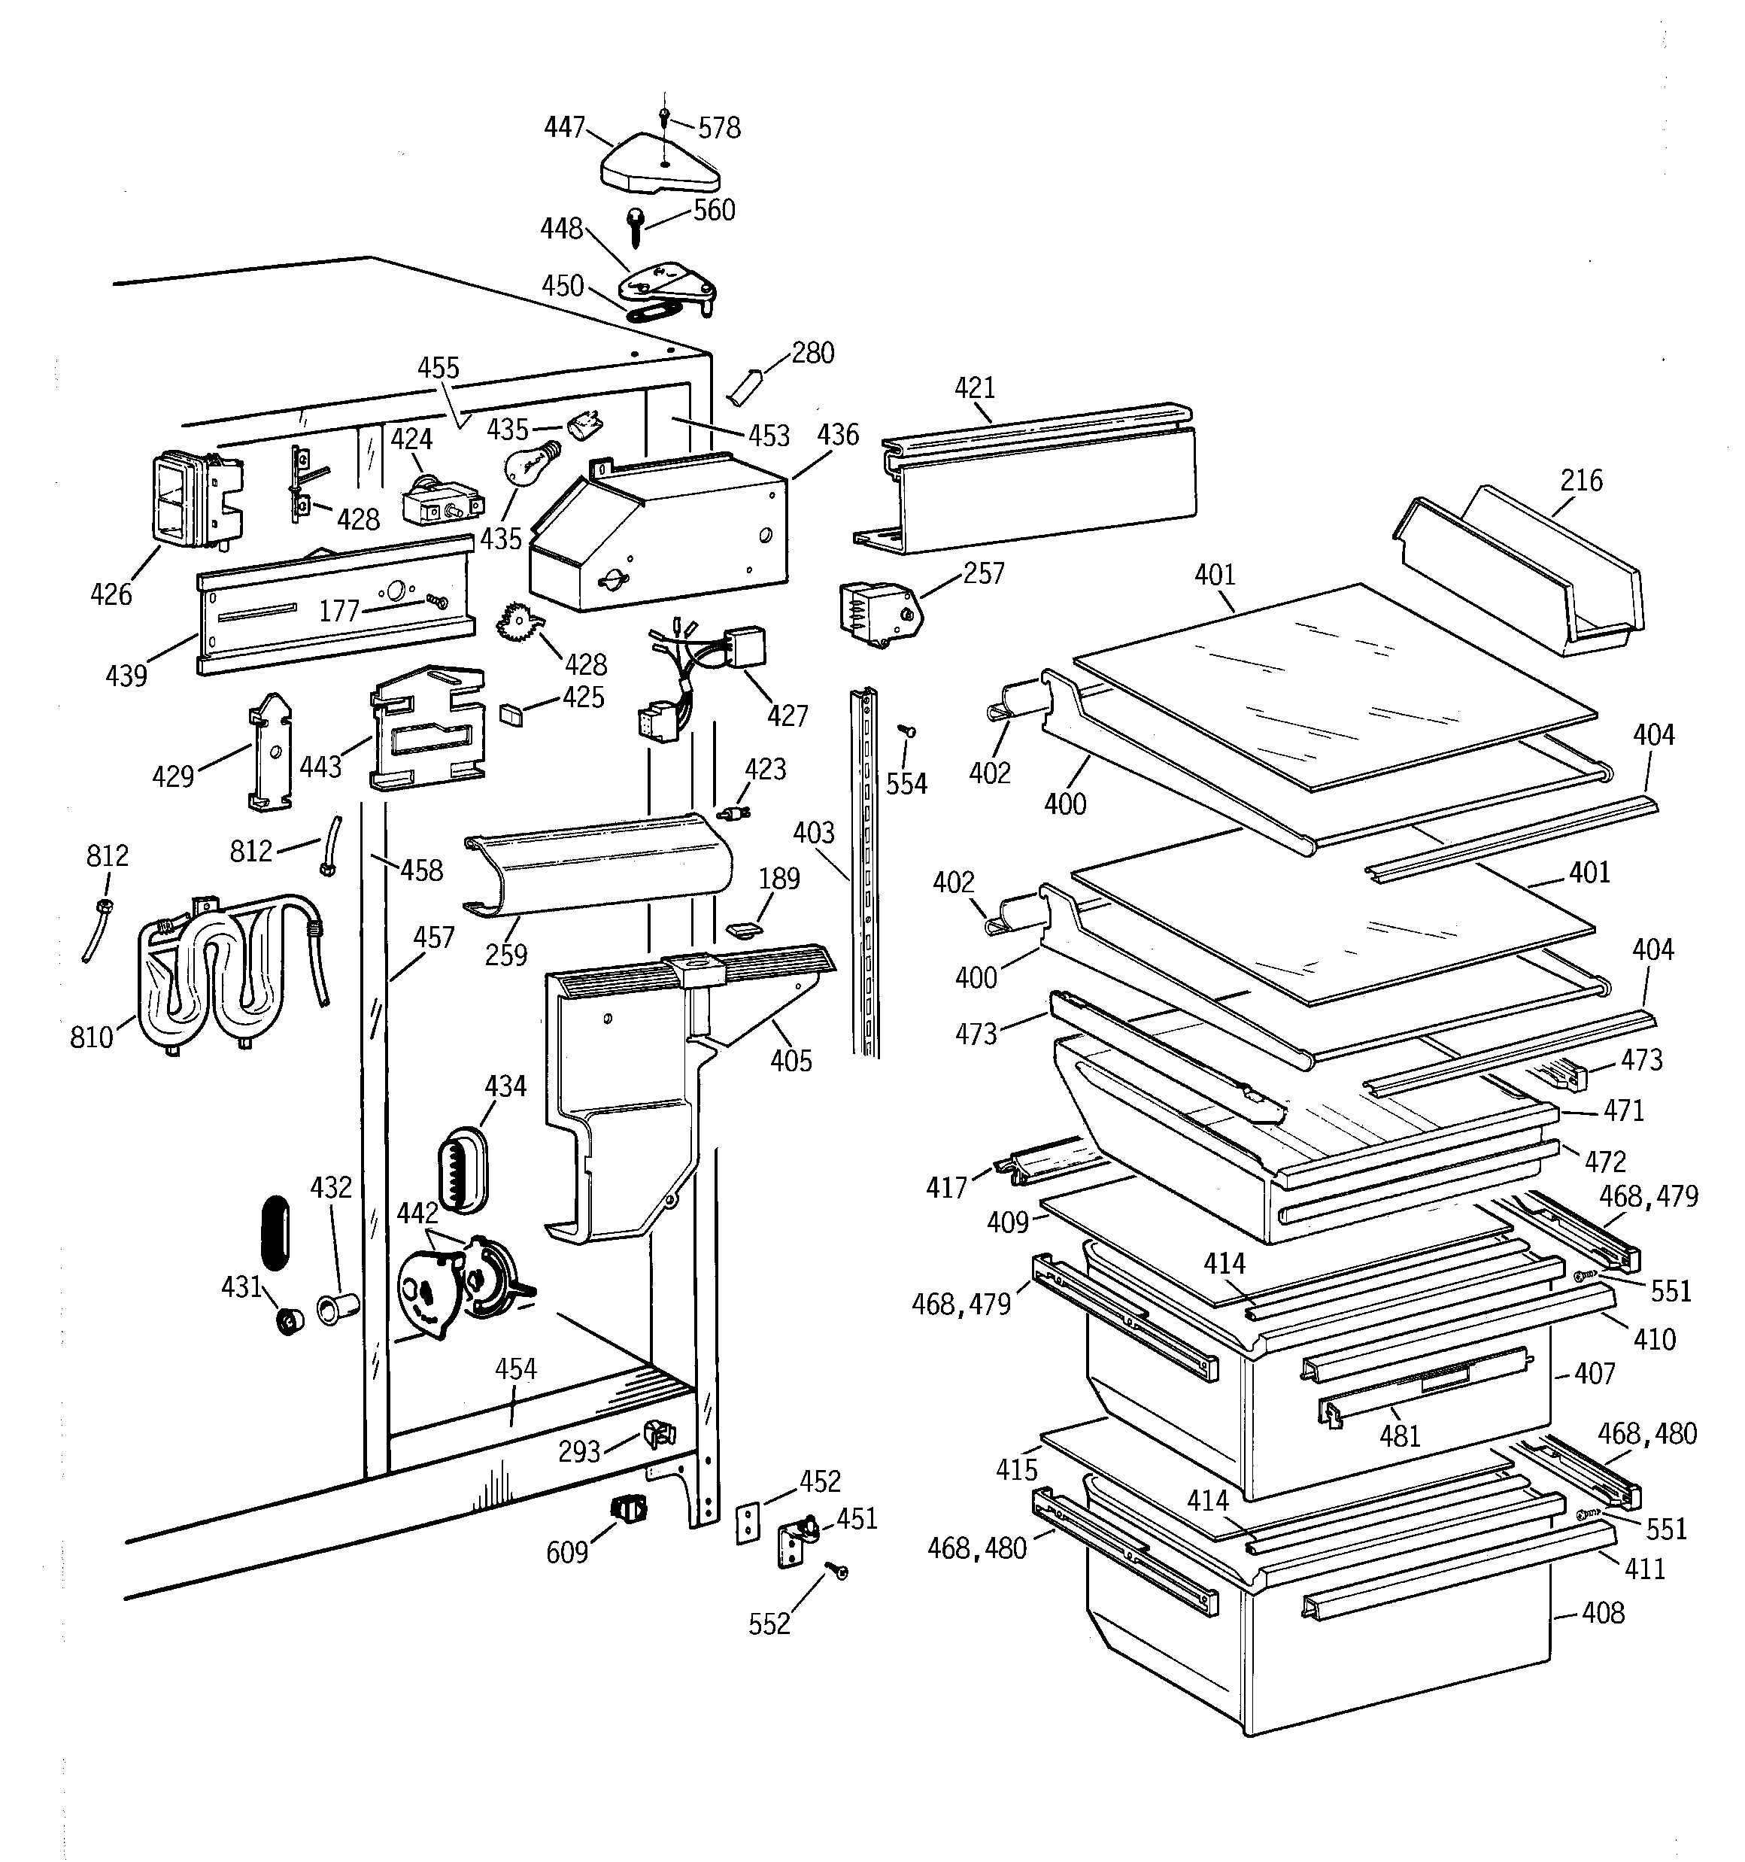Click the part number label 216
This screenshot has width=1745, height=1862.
tap(1581, 481)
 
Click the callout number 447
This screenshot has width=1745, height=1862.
tap(565, 127)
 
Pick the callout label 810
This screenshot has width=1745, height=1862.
tap(92, 1037)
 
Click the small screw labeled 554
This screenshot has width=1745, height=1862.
tap(906, 731)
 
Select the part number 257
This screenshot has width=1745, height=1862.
tap(984, 573)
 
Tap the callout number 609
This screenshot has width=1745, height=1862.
tap(566, 1553)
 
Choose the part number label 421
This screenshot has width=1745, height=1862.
tap(975, 387)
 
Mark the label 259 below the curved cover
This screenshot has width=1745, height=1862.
tap(505, 955)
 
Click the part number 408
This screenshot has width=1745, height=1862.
tap(1603, 1613)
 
